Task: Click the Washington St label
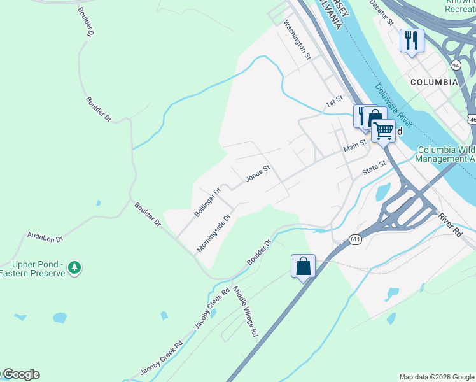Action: click(297, 39)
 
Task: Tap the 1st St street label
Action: click(334, 101)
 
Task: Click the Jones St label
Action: click(258, 174)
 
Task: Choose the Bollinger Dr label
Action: click(207, 202)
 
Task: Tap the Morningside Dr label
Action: click(213, 233)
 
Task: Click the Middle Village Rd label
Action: click(245, 311)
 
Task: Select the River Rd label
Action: click(450, 224)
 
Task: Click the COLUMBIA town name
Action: click(433, 82)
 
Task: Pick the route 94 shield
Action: click(456, 65)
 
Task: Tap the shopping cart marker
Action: click(383, 131)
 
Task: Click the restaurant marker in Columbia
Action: click(411, 41)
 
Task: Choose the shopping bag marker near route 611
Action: click(304, 265)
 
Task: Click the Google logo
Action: click(20, 374)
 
